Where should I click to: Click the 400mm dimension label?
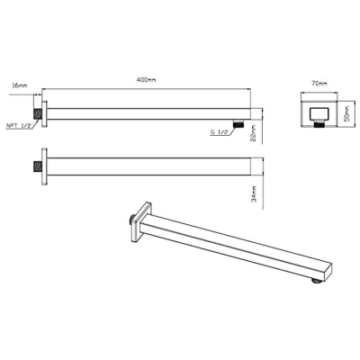point(146,80)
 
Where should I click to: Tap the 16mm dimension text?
point(20,85)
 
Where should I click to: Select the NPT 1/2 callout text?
point(19,126)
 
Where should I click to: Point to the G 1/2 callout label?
point(220,131)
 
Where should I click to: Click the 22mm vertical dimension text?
point(253,133)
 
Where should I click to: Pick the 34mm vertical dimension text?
point(253,194)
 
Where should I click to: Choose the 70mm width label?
point(319,84)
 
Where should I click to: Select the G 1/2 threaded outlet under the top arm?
point(238,123)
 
